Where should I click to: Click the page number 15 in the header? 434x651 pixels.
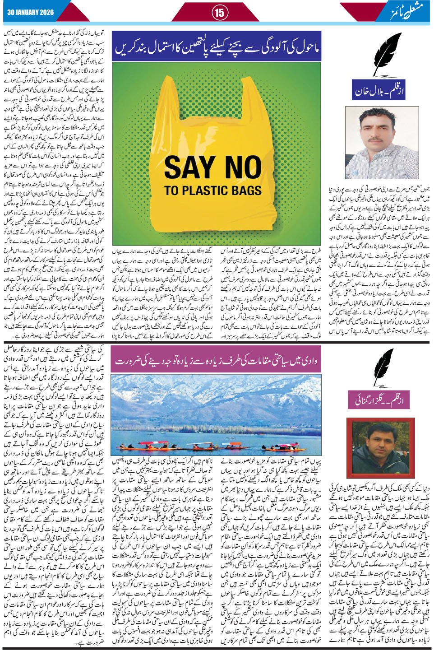(x=219, y=13)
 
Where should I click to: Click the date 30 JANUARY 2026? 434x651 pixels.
(x=31, y=12)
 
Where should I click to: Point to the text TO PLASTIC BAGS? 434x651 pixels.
(x=212, y=190)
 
